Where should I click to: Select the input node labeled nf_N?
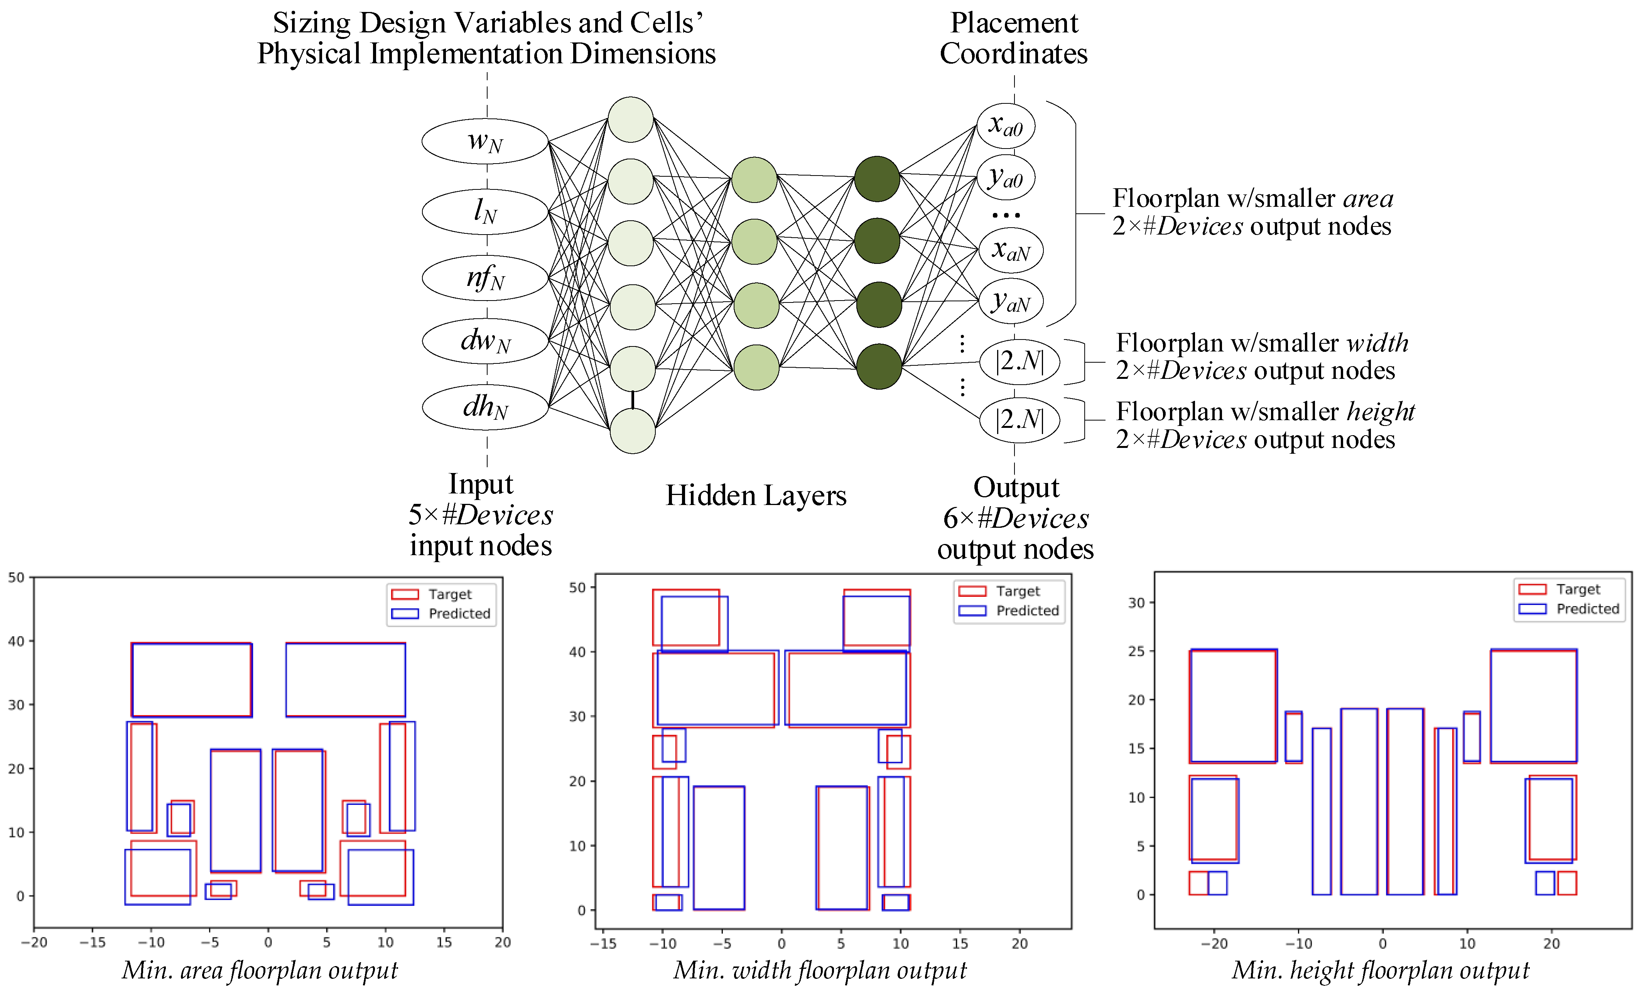coord(485,278)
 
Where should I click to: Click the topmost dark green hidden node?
coord(877,179)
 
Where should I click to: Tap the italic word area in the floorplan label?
coord(1368,199)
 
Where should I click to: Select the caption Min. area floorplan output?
coord(260,970)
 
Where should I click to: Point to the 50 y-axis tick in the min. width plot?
coord(577,587)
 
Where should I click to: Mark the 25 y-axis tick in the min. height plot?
coord(1136,650)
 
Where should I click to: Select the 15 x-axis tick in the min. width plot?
coord(959,944)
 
